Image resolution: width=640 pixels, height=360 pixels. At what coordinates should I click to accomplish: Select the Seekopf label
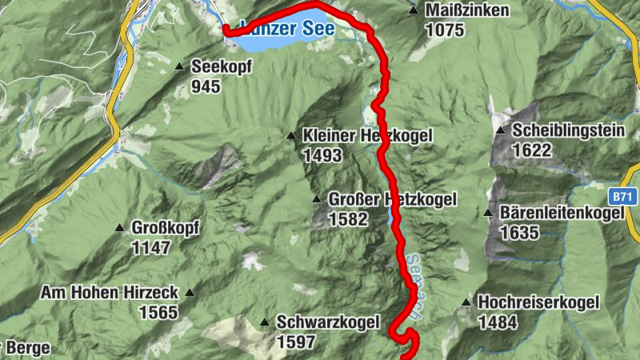click(x=222, y=68)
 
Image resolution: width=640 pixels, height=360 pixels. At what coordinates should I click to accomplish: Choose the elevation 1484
click(x=498, y=322)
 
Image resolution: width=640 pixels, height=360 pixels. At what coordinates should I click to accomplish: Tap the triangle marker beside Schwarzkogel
click(x=265, y=322)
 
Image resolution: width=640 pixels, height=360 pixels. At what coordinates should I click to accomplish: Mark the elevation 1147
click(x=150, y=248)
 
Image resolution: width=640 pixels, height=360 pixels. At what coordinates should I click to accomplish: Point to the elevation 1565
click(x=158, y=312)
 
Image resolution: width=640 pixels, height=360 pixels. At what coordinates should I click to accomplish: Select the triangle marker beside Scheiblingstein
click(x=500, y=130)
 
